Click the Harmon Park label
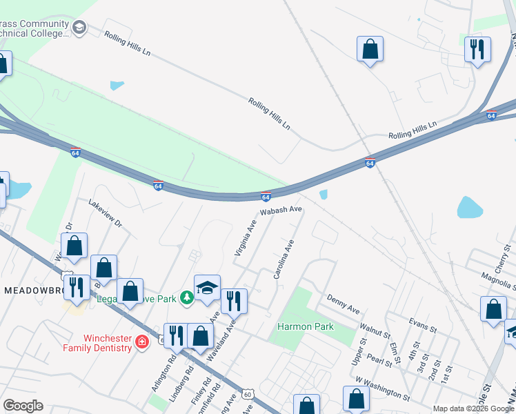[306, 326]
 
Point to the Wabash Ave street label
[281, 209]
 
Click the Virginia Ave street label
[246, 238]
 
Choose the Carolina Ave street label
[284, 259]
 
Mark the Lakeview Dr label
[105, 214]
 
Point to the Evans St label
[423, 326]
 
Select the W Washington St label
[381, 388]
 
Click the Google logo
[23, 406]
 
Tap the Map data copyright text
[473, 408]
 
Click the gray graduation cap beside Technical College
[79, 28]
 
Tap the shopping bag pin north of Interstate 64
[370, 50]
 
